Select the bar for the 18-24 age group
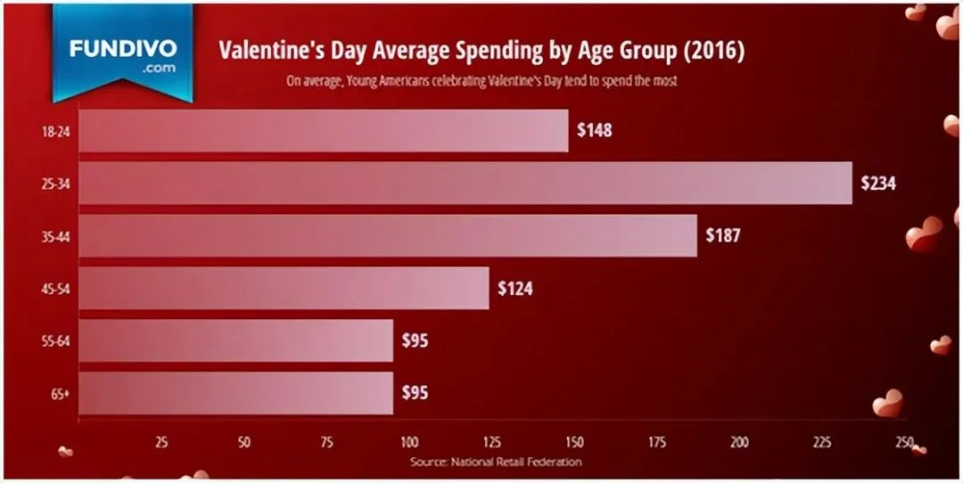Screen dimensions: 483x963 point(323,130)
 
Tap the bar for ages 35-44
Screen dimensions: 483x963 point(388,235)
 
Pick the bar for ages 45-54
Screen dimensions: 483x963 point(284,288)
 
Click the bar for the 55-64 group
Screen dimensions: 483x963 point(236,340)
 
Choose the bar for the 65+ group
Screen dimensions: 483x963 point(236,392)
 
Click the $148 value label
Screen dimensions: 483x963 point(594,131)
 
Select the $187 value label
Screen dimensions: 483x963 point(723,236)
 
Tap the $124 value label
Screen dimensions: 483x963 point(514,289)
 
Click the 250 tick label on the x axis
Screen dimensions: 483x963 point(904,442)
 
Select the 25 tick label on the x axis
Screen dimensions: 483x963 point(161,442)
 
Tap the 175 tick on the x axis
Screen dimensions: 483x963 point(657,442)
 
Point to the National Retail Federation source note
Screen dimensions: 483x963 point(496,462)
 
